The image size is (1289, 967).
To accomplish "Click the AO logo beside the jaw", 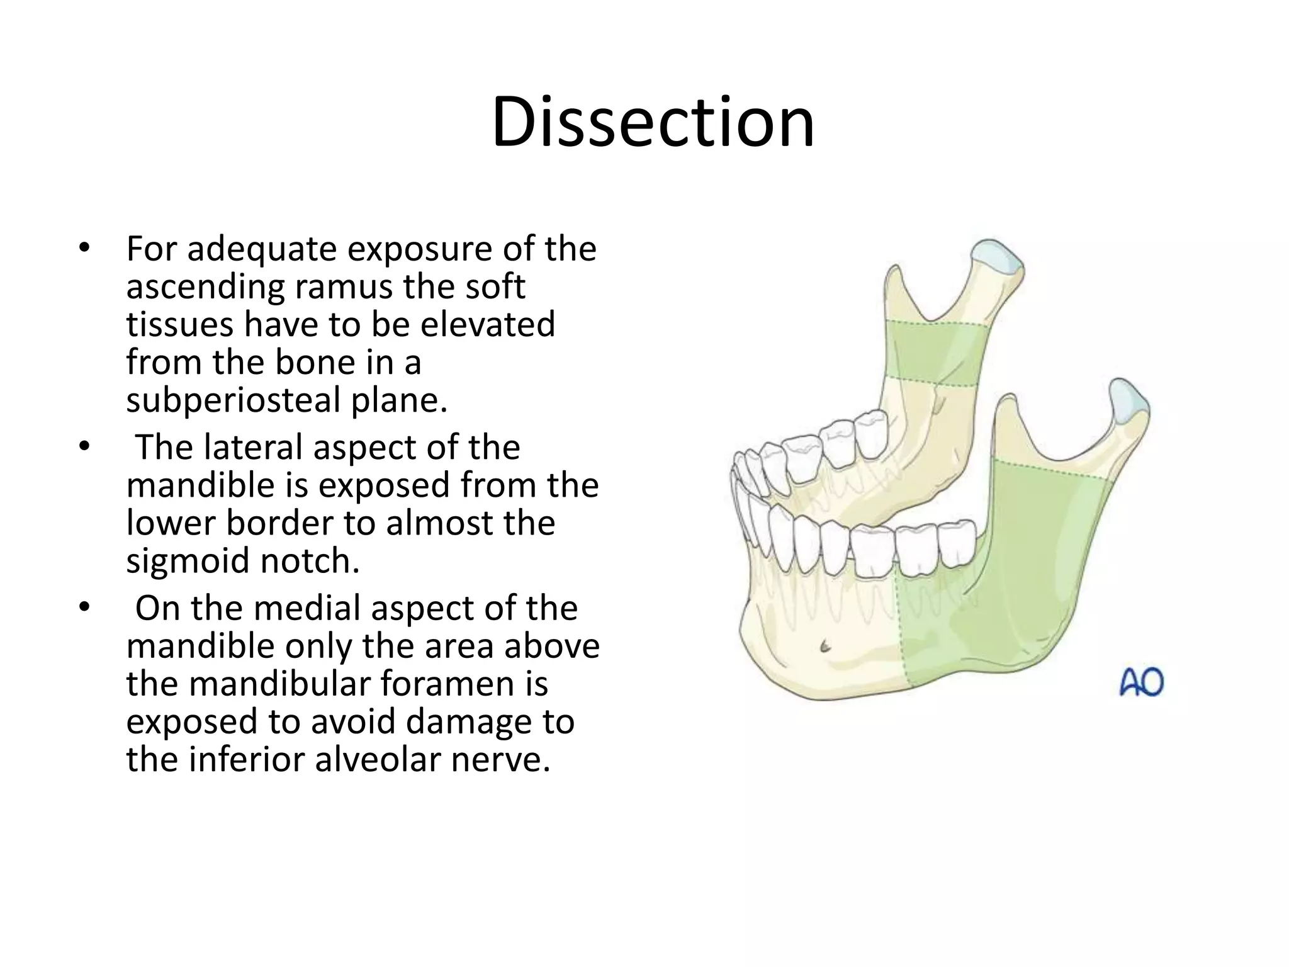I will click(x=1141, y=682).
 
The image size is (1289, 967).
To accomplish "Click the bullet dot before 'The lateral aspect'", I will click(x=85, y=446).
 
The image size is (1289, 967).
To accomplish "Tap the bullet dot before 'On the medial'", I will click(x=85, y=608).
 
